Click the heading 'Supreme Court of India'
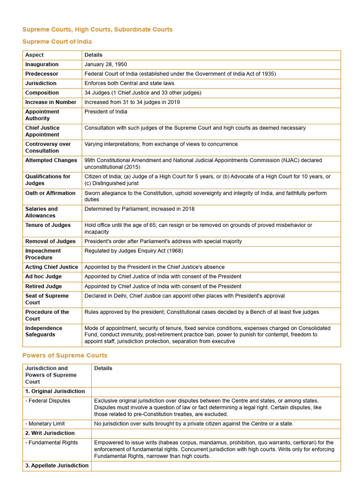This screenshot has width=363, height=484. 57,42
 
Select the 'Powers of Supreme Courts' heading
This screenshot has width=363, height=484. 65,355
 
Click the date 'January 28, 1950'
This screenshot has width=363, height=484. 105,64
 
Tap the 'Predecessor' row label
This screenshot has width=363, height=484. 42,74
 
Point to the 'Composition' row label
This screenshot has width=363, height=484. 42,93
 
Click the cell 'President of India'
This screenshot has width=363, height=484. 105,112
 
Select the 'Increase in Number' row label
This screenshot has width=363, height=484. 51,102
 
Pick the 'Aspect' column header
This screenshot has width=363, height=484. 34,55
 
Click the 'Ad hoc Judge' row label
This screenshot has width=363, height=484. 43,277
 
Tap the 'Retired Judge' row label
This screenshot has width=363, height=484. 44,286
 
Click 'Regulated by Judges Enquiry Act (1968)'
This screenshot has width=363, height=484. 133,251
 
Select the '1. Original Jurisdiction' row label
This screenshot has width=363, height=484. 55,391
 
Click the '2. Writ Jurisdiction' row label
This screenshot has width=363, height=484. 50,433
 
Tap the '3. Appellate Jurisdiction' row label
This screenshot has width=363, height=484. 57,466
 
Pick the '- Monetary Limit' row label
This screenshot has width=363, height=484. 45,423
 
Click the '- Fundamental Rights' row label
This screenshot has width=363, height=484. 52,442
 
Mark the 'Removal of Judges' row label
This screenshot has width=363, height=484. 50,241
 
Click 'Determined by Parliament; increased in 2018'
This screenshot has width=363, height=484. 139,209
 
